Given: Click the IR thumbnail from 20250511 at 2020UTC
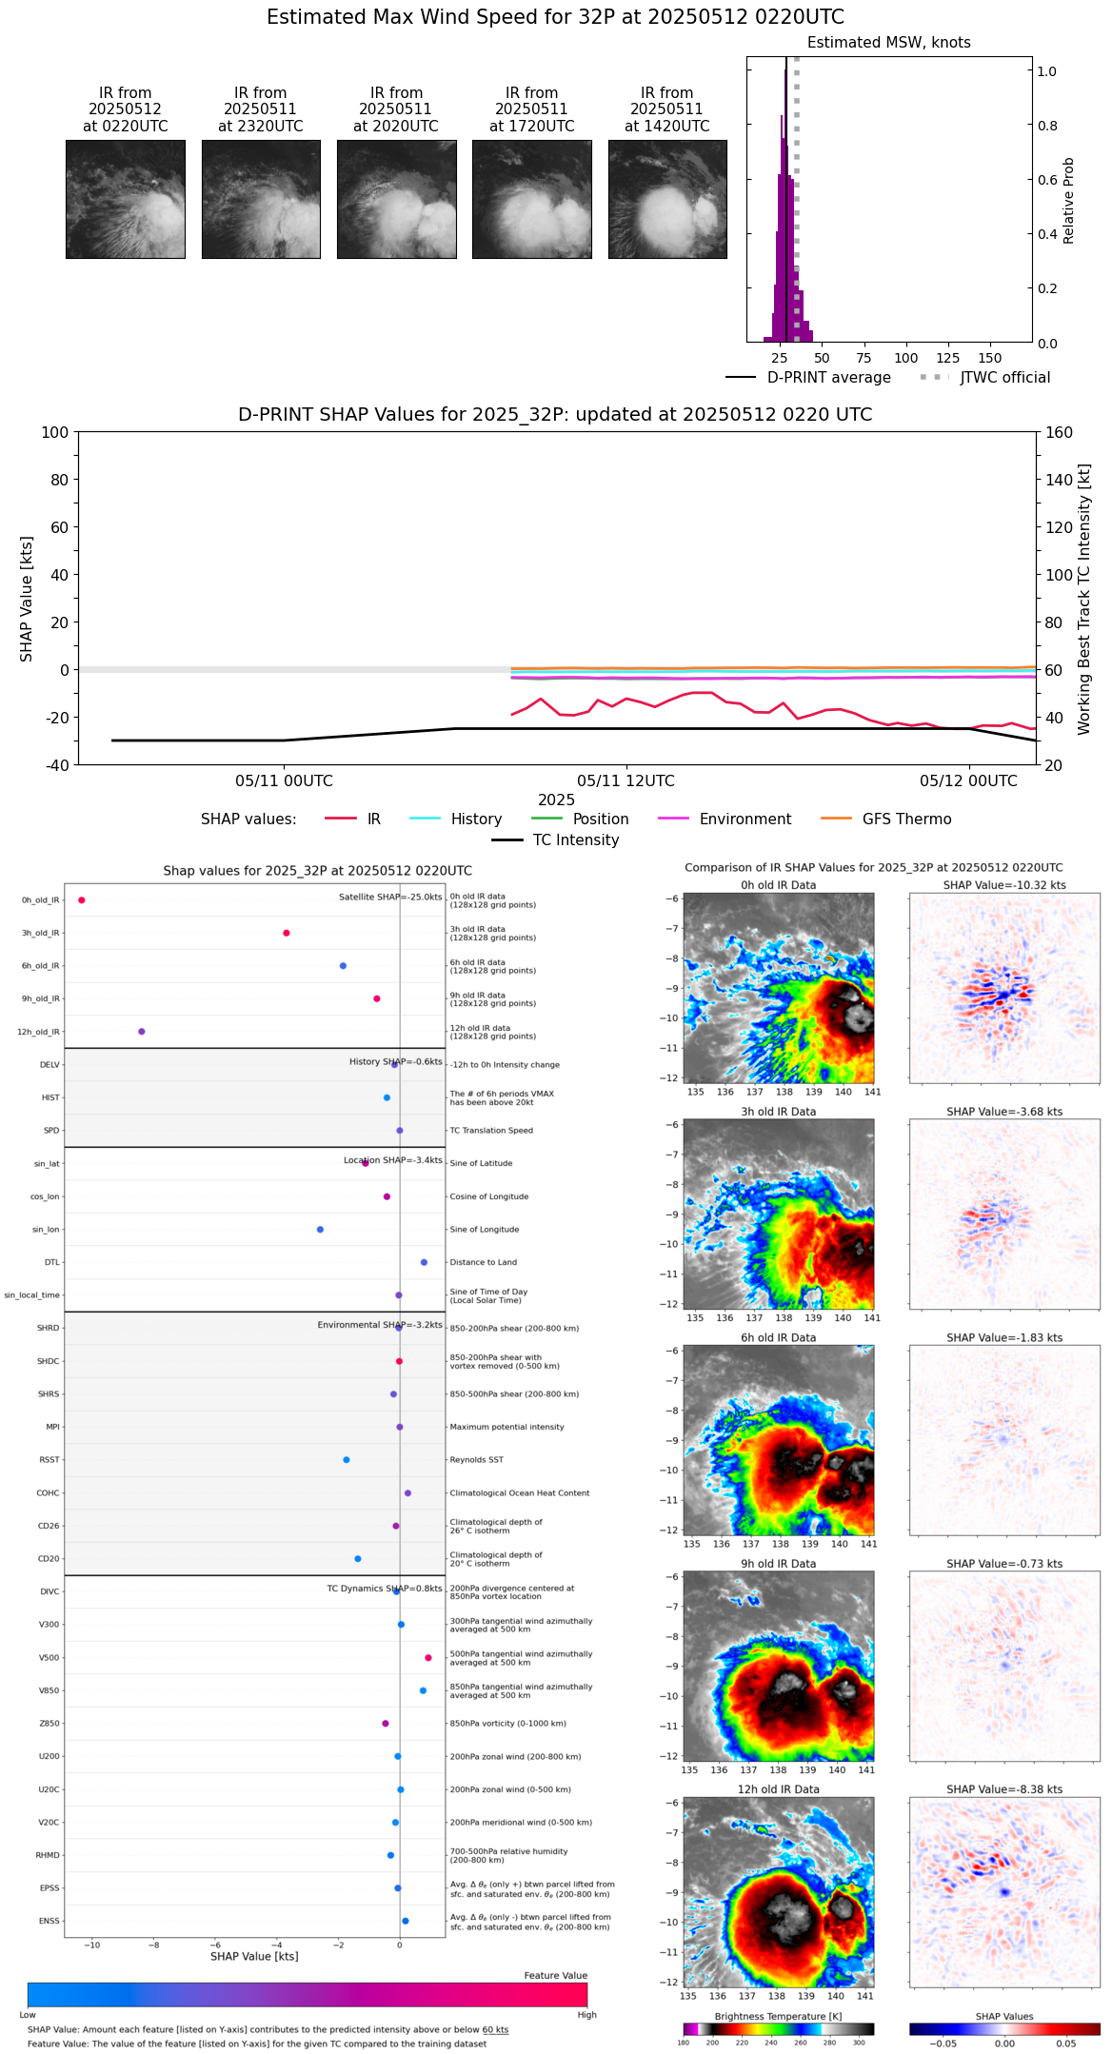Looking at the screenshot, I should [x=396, y=199].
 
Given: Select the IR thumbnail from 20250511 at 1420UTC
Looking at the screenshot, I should [x=667, y=199].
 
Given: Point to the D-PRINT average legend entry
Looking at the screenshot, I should [x=828, y=378].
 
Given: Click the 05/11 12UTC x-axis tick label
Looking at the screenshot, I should [x=625, y=781].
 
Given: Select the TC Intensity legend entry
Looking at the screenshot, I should [x=575, y=840].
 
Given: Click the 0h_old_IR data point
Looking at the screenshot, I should [x=82, y=900].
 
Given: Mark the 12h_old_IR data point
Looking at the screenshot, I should [x=142, y=1032].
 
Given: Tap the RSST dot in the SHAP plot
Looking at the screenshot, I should [x=347, y=1460].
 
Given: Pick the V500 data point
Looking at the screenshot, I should [x=428, y=1658].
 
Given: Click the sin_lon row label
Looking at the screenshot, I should [x=46, y=1230].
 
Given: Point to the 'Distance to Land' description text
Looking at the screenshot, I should [x=483, y=1263].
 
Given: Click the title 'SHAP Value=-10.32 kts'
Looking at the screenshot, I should [x=1004, y=885].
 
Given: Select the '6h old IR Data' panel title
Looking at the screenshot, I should [x=778, y=1337].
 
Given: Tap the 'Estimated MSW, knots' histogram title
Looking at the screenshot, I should [x=888, y=43].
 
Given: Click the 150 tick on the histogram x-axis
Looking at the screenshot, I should [x=990, y=359].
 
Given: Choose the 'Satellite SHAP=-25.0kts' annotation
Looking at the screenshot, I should [x=390, y=898].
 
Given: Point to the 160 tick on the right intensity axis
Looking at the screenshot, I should [x=1059, y=433].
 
